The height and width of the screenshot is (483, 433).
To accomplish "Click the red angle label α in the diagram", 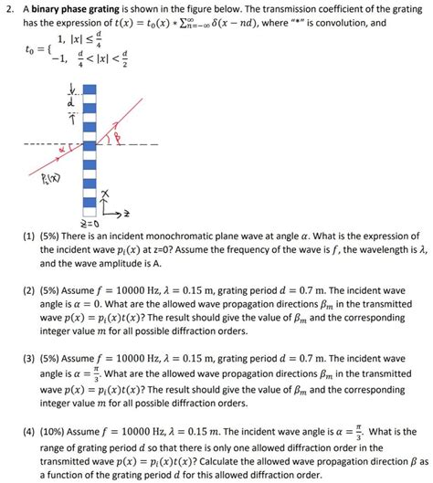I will pos(67,146).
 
